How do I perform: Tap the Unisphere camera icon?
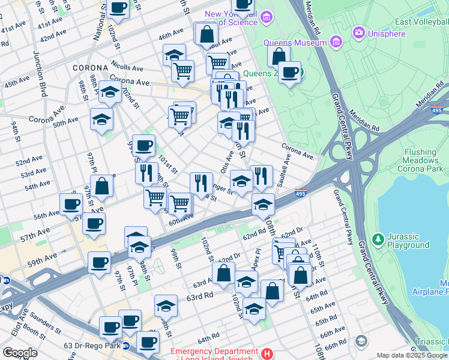[x=359, y=32]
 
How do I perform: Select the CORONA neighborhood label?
[x=90, y=68]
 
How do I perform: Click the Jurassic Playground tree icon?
[x=378, y=240]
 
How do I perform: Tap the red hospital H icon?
[x=267, y=353]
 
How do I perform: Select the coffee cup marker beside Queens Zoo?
[x=290, y=73]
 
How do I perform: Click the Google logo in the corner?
[x=20, y=353]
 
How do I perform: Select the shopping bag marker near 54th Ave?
[x=103, y=186]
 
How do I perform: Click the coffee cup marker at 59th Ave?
[x=99, y=262]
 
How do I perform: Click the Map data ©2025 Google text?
[x=411, y=355]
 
